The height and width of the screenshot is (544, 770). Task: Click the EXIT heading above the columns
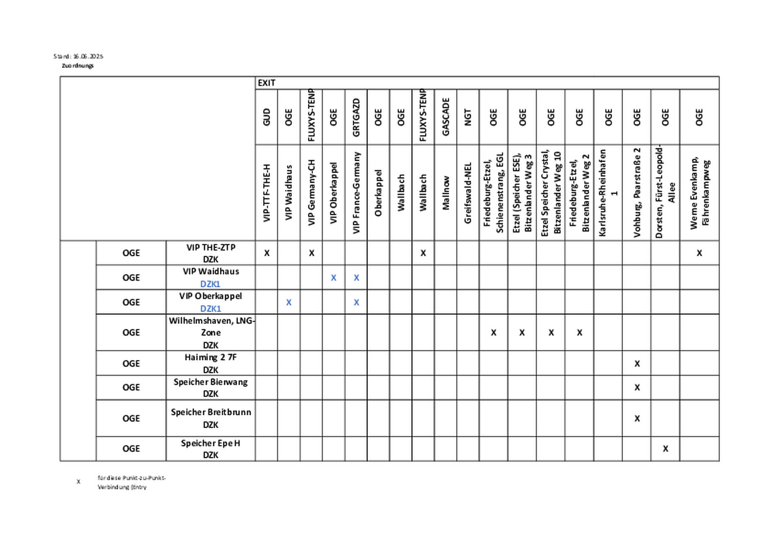[x=266, y=83]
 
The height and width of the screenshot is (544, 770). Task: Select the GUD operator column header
[x=266, y=117]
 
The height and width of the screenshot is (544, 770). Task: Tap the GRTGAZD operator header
[x=356, y=117]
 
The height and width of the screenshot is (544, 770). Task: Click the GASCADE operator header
[x=445, y=117]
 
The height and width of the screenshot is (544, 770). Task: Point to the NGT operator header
[x=468, y=117]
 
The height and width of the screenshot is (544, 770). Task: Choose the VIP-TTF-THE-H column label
[x=266, y=193]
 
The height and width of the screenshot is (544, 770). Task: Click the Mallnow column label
[x=445, y=193]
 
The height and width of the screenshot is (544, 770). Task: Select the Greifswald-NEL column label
[x=468, y=193]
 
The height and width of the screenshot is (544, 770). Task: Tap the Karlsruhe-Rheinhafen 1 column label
[x=608, y=193]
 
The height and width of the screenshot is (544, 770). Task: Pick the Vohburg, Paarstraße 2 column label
[x=637, y=193]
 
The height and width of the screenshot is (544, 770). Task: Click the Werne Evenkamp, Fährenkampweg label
[x=699, y=193]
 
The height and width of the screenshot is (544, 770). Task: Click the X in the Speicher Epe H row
[x=665, y=449]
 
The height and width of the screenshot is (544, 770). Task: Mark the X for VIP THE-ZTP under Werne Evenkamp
[x=699, y=253]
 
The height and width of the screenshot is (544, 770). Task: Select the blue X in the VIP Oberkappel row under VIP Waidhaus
[x=289, y=302]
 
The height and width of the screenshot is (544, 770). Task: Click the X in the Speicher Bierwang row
[x=637, y=387]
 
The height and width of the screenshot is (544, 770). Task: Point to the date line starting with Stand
[x=78, y=56]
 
